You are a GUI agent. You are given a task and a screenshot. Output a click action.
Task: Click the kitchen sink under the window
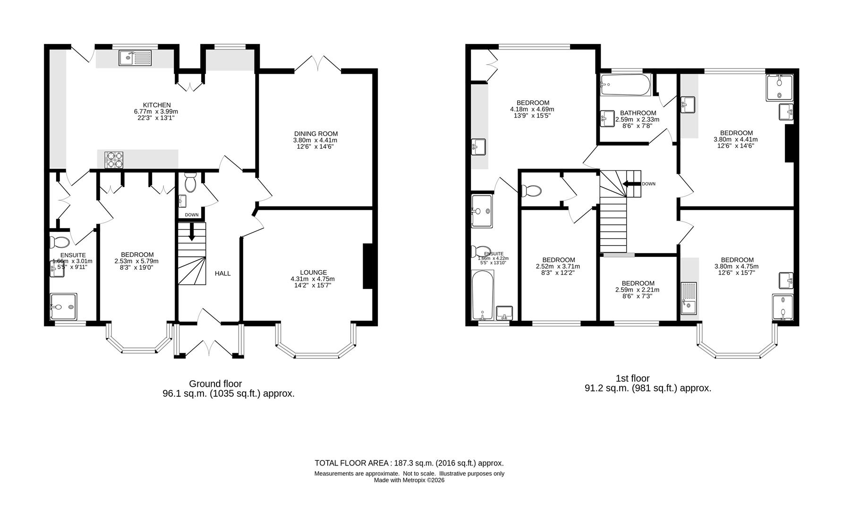[x=135, y=58]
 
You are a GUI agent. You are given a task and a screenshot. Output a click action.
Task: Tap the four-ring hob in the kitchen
[x=114, y=160]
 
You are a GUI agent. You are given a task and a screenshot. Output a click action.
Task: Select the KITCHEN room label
[x=157, y=105]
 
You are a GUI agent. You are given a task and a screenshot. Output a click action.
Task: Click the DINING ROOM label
[x=315, y=134]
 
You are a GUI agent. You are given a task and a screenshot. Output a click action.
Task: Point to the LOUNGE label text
[x=313, y=272]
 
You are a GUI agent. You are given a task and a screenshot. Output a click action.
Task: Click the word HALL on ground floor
[x=222, y=273]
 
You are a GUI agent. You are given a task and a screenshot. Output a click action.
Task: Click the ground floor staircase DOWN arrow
[x=192, y=232]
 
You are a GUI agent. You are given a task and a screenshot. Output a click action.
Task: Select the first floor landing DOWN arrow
[x=630, y=184]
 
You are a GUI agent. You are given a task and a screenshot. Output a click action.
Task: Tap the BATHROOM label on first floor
[x=638, y=113]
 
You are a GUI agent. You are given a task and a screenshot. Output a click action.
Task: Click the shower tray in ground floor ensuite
[x=63, y=307]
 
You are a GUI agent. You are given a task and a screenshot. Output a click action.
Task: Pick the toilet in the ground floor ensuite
[x=60, y=242]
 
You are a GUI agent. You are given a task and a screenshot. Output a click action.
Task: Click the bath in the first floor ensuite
[x=482, y=297]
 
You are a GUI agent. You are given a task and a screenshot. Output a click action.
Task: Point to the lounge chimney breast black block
[x=367, y=265]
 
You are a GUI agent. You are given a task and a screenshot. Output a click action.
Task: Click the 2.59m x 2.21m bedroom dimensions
[x=637, y=290]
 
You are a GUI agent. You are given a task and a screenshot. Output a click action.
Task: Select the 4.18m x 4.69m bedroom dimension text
[x=532, y=109]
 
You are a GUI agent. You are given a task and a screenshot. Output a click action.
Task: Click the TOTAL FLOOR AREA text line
[x=409, y=463]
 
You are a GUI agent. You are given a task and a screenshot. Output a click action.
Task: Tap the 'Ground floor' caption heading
[x=215, y=384]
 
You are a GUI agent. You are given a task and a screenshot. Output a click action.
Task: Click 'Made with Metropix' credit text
[x=409, y=480]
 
